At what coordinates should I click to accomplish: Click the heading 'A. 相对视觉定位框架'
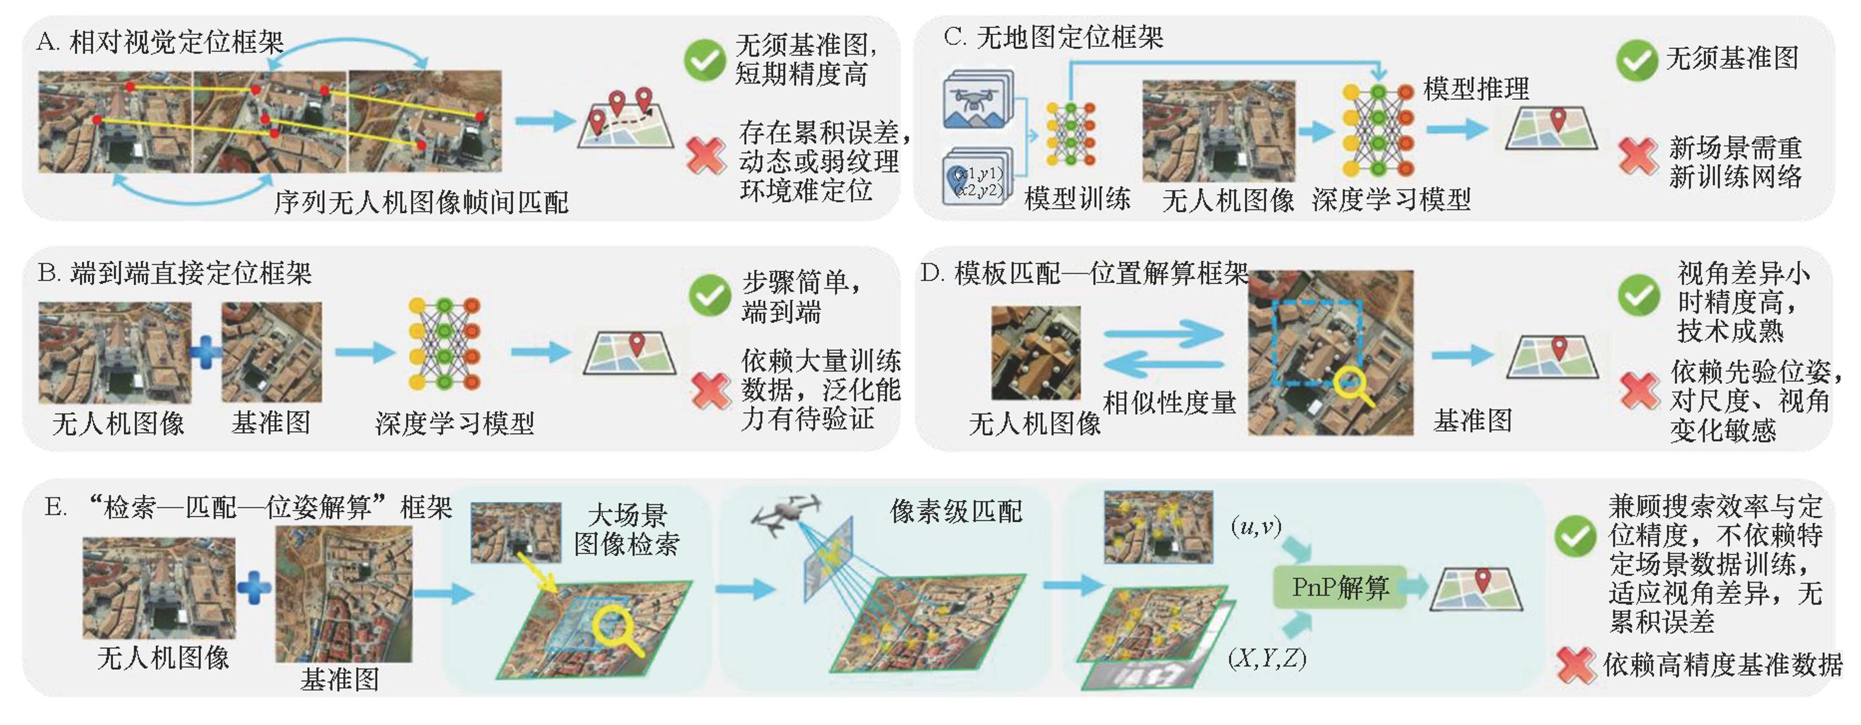coord(160,43)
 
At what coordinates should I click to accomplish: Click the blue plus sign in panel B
coord(206,353)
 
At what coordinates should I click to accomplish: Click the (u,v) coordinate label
coord(1257,526)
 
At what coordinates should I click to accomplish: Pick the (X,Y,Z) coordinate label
coord(1267,658)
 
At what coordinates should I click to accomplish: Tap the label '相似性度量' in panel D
coord(1170,403)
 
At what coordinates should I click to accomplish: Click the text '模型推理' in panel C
coord(1476,89)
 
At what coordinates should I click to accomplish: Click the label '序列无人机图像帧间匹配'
coord(420,202)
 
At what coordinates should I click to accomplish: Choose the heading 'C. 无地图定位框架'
coord(1053,37)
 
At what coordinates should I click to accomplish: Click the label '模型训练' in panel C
coord(1077,199)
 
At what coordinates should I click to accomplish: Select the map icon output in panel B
coord(630,353)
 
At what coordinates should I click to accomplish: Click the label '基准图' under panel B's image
coord(271,422)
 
